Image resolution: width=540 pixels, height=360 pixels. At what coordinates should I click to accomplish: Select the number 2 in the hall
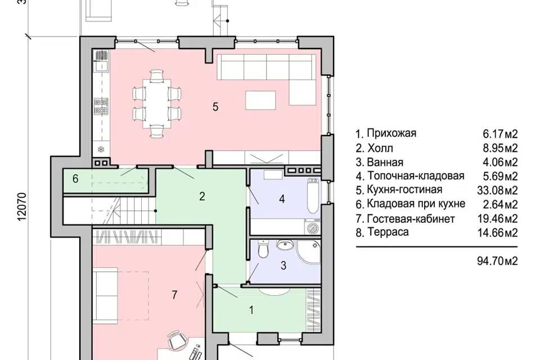click(x=201, y=196)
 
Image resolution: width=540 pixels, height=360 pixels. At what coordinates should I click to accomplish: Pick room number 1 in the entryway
click(x=251, y=309)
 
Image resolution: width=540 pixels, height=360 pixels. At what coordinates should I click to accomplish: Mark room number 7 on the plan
click(x=174, y=294)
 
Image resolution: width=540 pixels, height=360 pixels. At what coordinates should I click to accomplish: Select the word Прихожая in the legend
click(x=391, y=133)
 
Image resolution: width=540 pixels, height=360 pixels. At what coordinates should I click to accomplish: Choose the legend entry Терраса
click(x=388, y=232)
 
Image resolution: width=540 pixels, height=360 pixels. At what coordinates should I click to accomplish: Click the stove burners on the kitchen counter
click(x=101, y=103)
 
